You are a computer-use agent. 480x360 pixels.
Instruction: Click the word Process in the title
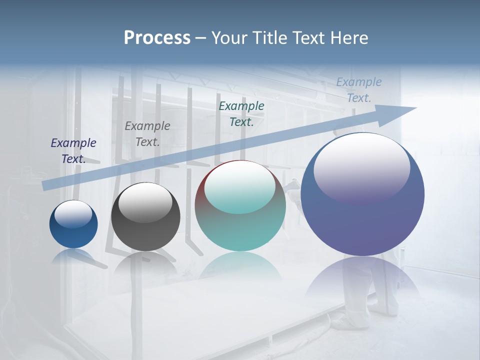pyautogui.click(x=157, y=38)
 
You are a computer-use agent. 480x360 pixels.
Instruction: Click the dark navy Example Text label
pyautogui.click(x=73, y=150)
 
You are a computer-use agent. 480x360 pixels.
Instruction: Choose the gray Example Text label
pyautogui.click(x=147, y=134)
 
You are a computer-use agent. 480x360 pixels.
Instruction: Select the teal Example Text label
pyautogui.click(x=241, y=113)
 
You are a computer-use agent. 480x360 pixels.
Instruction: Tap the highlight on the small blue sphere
pyautogui.click(x=73, y=214)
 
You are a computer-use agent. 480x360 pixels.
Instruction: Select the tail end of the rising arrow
pyautogui.click(x=46, y=185)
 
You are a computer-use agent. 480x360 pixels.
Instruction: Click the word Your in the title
pyautogui.click(x=228, y=38)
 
